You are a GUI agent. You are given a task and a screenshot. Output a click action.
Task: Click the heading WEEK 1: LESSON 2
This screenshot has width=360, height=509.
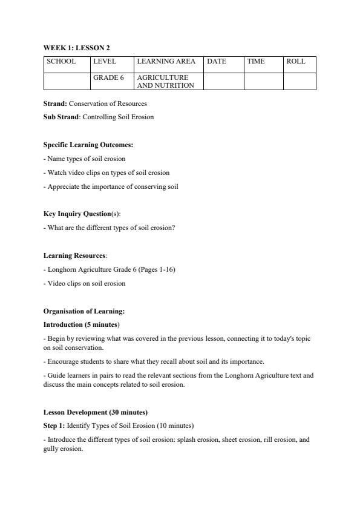coord(76,47)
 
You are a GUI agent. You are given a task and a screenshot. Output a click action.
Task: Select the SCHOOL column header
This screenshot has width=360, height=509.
coord(61,61)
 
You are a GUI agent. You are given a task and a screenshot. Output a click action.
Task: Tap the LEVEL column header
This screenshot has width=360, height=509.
coord(105,61)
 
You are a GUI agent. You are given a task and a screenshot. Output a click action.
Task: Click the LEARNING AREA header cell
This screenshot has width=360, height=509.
coord(166,61)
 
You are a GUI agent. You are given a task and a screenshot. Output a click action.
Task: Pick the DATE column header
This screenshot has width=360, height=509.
coord(217,61)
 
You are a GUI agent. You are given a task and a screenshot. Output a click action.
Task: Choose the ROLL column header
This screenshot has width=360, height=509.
coord(296,61)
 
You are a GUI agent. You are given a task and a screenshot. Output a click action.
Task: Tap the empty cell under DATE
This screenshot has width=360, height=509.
coord(223,81)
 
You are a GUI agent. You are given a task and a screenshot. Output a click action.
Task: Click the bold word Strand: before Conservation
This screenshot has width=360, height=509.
coord(55,103)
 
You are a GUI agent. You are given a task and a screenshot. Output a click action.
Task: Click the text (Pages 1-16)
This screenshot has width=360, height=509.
coord(157,269)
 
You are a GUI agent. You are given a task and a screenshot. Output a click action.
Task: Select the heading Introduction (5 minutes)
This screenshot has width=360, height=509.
coord(80,324)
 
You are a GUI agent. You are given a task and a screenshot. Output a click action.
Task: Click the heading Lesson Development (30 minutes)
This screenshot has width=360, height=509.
coord(95,412)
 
